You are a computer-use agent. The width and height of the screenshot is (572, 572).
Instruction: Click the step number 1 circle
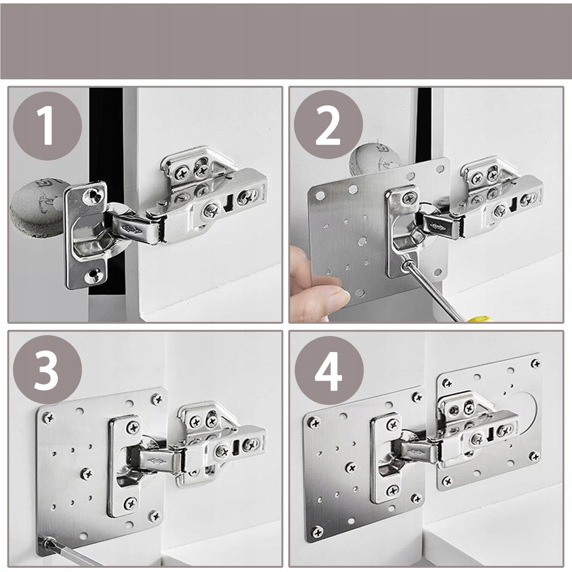(x=47, y=126)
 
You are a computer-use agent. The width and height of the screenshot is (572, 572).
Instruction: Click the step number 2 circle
(x=328, y=126)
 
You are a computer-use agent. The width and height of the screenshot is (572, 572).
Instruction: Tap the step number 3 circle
(x=47, y=370)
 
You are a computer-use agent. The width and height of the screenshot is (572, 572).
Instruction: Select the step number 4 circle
(x=328, y=370)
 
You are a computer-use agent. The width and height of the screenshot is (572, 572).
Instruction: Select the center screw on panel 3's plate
(x=87, y=474)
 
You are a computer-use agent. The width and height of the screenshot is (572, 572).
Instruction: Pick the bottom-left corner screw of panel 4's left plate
(x=316, y=531)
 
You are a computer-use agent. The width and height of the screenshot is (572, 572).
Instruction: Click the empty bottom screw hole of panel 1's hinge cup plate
(x=93, y=273)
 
